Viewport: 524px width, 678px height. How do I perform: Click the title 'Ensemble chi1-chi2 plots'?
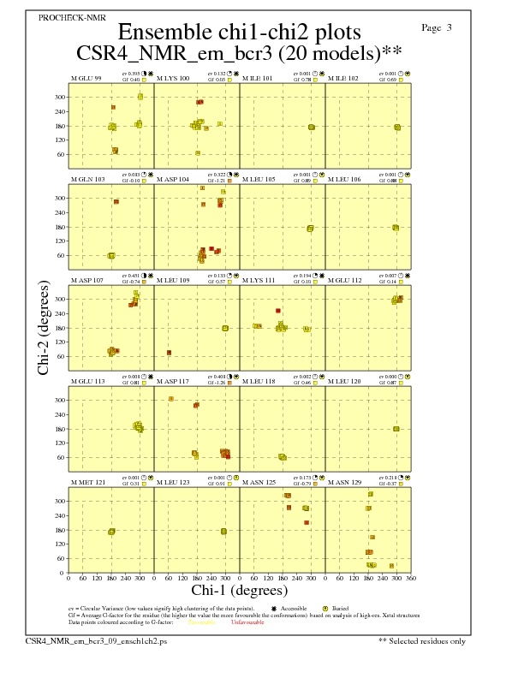[239, 32]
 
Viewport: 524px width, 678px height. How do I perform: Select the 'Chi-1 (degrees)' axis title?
[239, 590]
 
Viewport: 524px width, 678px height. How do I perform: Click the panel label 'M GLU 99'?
[86, 79]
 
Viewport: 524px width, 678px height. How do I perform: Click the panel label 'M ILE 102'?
[343, 79]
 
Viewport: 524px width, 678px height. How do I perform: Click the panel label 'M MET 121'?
[88, 483]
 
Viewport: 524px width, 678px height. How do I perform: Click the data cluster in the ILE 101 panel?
[311, 128]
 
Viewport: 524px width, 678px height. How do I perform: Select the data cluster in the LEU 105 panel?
[310, 229]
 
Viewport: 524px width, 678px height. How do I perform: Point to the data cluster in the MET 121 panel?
[111, 532]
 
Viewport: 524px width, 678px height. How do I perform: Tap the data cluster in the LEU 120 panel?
[396, 429]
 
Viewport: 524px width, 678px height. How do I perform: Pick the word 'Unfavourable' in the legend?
[247, 622]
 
